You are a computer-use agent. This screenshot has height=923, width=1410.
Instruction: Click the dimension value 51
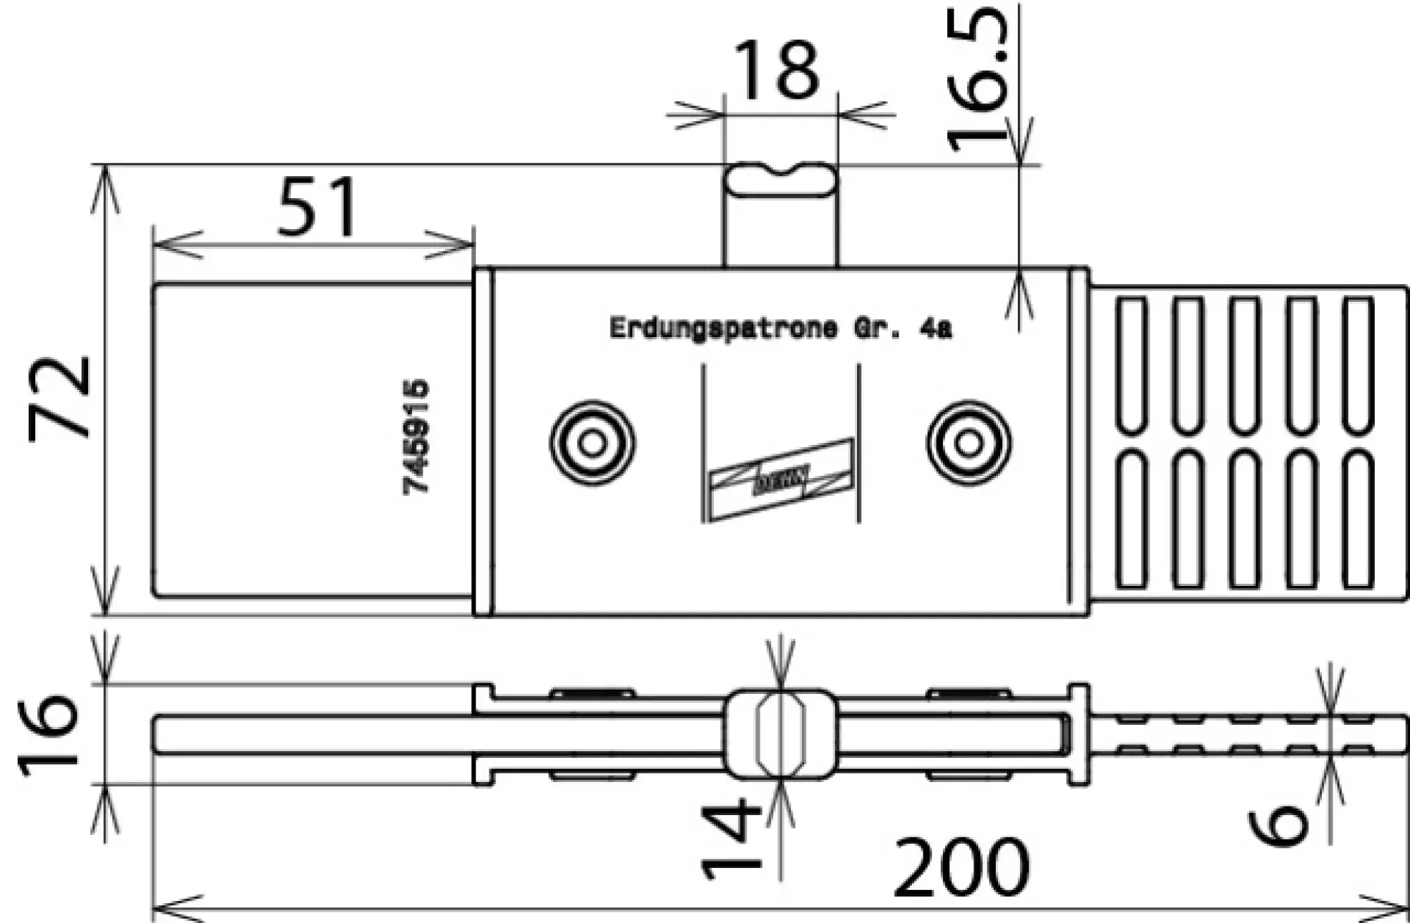coord(317,207)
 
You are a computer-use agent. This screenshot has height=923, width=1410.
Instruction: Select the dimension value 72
coord(60,398)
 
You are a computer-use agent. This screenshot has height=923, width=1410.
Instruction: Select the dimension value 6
coord(1278,825)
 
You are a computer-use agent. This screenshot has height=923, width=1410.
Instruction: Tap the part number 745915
coord(416,437)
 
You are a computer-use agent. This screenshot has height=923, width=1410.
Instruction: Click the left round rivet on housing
coord(592,444)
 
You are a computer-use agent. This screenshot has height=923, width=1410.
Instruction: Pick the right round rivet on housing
coord(969,444)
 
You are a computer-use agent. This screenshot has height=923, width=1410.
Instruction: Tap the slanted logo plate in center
coord(782,480)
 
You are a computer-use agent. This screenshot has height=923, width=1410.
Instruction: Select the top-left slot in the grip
coord(1131,365)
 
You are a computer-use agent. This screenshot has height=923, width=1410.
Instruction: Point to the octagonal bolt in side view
coord(780,734)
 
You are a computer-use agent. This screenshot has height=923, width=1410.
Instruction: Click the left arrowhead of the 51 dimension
coord(176,245)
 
